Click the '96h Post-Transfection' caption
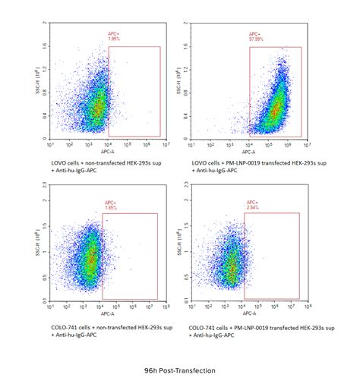click(x=179, y=371)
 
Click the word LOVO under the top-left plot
click(x=56, y=162)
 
